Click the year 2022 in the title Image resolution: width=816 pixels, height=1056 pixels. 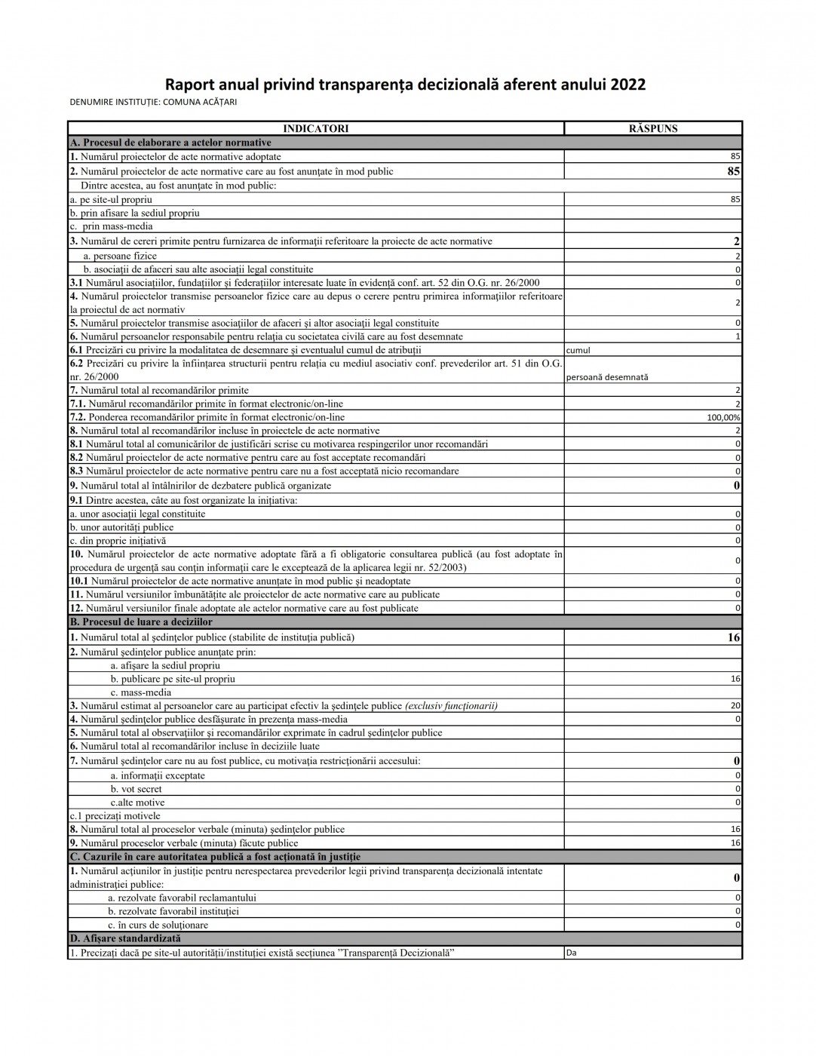(627, 84)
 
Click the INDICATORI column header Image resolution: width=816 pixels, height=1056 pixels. (315, 129)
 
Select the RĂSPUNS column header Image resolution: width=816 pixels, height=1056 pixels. (653, 129)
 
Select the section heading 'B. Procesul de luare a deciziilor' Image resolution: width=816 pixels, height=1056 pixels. (141, 622)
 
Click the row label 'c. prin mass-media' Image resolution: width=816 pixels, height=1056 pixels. (111, 226)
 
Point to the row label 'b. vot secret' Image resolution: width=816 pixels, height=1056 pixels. (137, 789)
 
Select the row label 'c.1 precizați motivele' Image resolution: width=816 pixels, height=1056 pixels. (115, 816)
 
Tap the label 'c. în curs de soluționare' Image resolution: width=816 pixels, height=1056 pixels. (158, 926)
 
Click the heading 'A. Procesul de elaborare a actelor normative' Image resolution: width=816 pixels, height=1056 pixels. (170, 143)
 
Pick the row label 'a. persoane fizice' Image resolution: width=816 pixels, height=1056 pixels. (120, 256)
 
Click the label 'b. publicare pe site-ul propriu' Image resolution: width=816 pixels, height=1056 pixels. (173, 679)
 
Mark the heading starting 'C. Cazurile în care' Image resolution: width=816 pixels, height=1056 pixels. (215, 857)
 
